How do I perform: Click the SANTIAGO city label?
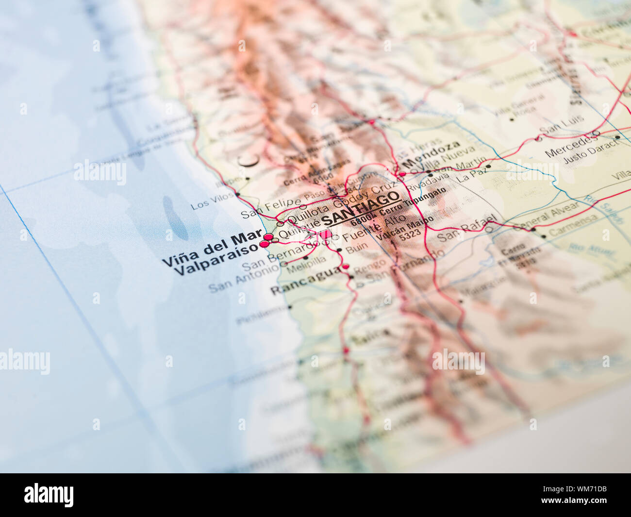coord(361,209)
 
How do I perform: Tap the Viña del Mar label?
coord(212,248)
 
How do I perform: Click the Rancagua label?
coord(305,282)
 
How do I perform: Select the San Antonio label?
coord(238,280)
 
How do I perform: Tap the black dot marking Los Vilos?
coord(237,195)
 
